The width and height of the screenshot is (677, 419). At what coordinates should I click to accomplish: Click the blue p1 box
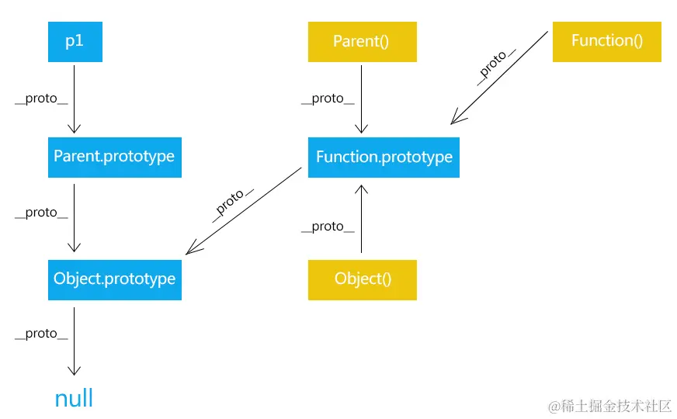(x=74, y=42)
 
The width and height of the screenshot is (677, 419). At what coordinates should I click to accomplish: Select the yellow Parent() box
(x=362, y=42)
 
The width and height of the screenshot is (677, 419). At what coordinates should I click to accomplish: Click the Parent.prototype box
(x=114, y=157)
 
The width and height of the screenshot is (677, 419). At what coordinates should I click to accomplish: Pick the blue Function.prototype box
(x=384, y=158)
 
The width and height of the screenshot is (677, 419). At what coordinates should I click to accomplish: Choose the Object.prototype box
(x=114, y=279)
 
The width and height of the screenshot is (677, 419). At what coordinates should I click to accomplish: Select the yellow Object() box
(x=362, y=279)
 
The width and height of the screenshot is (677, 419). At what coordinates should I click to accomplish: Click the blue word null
(x=74, y=399)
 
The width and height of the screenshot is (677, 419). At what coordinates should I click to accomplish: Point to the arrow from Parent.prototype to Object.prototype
(x=74, y=217)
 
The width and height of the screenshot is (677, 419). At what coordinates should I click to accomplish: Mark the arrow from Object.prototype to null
(x=74, y=341)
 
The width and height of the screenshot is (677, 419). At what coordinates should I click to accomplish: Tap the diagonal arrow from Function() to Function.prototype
(x=501, y=77)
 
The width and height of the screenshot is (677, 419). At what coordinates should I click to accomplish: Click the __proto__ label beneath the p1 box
(x=41, y=99)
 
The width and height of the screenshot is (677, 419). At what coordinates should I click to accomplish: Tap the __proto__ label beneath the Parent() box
(x=328, y=99)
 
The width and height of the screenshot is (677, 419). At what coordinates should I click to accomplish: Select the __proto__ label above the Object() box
(x=328, y=227)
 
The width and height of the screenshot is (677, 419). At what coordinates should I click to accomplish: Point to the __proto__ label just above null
(x=41, y=334)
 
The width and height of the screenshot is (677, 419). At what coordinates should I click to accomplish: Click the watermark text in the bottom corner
(x=609, y=405)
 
